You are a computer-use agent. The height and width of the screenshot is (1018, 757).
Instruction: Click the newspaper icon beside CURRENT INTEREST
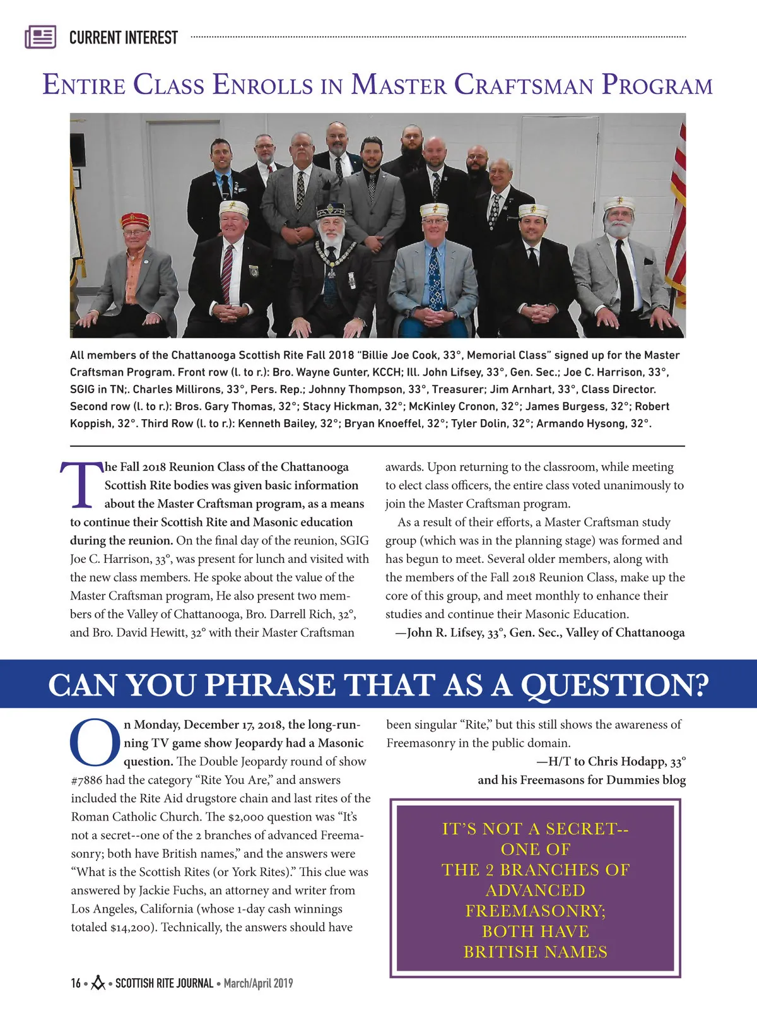point(40,37)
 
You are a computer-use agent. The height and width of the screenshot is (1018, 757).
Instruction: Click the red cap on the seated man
point(135,220)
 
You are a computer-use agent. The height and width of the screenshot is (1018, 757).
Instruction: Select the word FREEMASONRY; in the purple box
point(536,911)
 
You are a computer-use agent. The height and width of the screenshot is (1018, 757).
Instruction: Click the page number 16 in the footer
point(76,983)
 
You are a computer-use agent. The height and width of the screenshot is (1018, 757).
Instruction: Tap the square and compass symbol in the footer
point(98,983)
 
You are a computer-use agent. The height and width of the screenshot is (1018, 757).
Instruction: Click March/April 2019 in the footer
point(258,983)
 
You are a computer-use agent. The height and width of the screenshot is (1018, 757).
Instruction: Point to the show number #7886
point(86,780)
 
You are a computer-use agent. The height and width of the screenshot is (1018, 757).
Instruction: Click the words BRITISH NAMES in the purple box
point(536,952)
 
